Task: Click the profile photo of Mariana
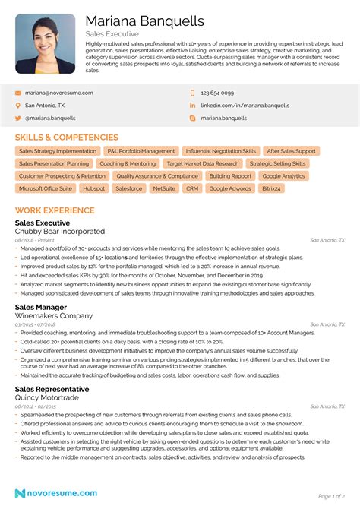45,43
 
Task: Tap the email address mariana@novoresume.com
59,93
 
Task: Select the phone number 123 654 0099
217,93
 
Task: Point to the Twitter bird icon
17,119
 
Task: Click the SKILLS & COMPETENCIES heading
67,138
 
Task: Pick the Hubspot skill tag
94,188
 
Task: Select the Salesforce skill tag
129,188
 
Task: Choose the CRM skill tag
192,188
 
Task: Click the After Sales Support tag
292,151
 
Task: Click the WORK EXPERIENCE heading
55,210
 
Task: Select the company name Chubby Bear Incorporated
60,231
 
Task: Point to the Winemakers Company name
54,315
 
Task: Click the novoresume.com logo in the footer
52,494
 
